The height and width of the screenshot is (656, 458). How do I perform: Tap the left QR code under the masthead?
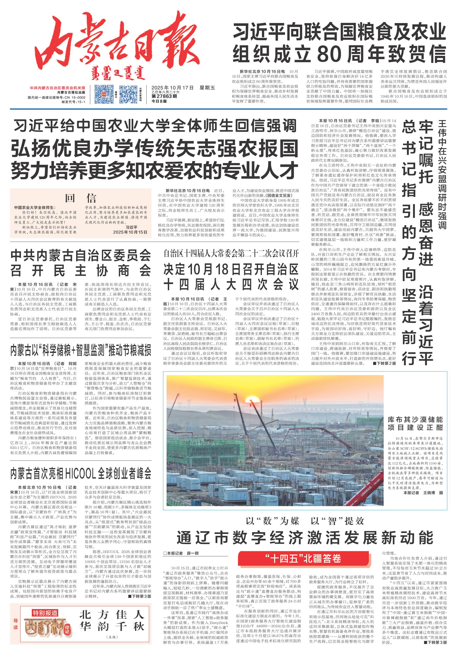coord(104,94)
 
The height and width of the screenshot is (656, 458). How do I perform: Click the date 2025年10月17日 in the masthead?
coord(172,88)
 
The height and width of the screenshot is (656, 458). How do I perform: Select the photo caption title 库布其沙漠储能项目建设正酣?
coord(415,423)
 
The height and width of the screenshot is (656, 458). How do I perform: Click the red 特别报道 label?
coord(45,613)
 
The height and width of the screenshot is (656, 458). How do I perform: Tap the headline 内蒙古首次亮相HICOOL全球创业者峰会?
coord(81,474)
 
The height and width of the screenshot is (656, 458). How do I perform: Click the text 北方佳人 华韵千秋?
coord(111,620)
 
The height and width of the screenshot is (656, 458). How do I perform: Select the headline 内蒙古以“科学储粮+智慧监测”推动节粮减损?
coord(81,351)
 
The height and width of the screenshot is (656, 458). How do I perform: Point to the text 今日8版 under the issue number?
coord(159,101)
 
